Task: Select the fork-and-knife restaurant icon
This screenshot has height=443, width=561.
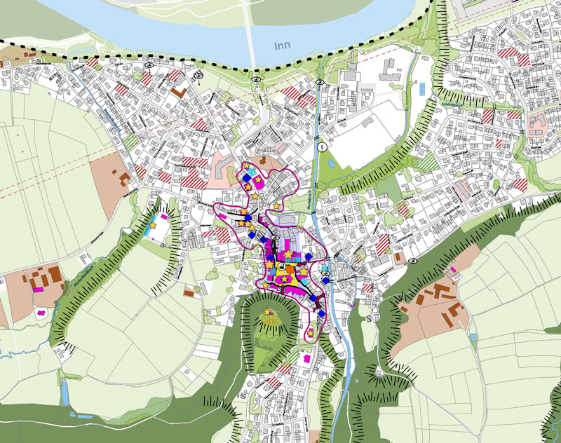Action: tap(322, 148)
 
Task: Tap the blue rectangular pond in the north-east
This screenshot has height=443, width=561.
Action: tap(421, 89)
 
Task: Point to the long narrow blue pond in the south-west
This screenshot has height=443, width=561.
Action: tap(65, 393)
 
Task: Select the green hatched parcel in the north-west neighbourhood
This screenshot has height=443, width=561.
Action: tap(129, 138)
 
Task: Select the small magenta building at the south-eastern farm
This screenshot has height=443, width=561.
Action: tap(454, 270)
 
